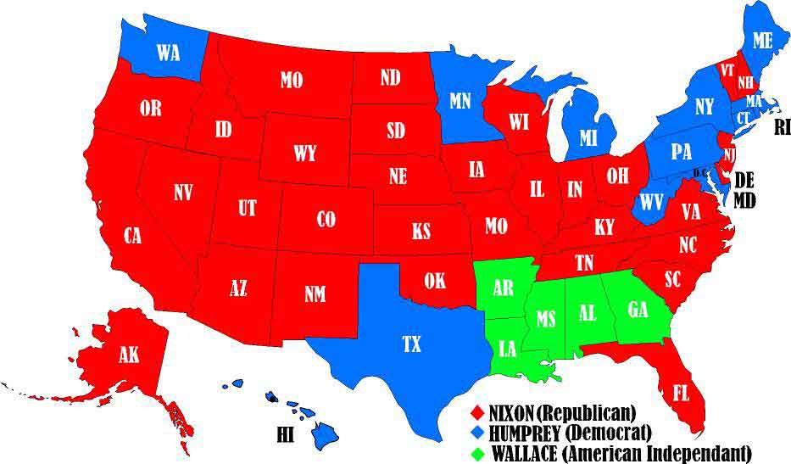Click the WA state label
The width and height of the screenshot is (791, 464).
click(168, 53)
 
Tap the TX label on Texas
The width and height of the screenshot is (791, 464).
click(411, 344)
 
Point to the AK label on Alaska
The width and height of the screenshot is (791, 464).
click(129, 355)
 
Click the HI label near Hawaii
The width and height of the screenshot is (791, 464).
click(286, 435)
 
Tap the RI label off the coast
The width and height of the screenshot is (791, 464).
click(783, 128)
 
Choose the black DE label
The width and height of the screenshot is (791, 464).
click(744, 180)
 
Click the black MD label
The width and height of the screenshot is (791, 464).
click(746, 201)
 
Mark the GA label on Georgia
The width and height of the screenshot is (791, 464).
click(638, 309)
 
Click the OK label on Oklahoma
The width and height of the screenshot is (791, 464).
click(434, 279)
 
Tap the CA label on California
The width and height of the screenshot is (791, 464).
click(132, 236)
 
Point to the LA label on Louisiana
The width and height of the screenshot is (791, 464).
click(505, 349)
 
